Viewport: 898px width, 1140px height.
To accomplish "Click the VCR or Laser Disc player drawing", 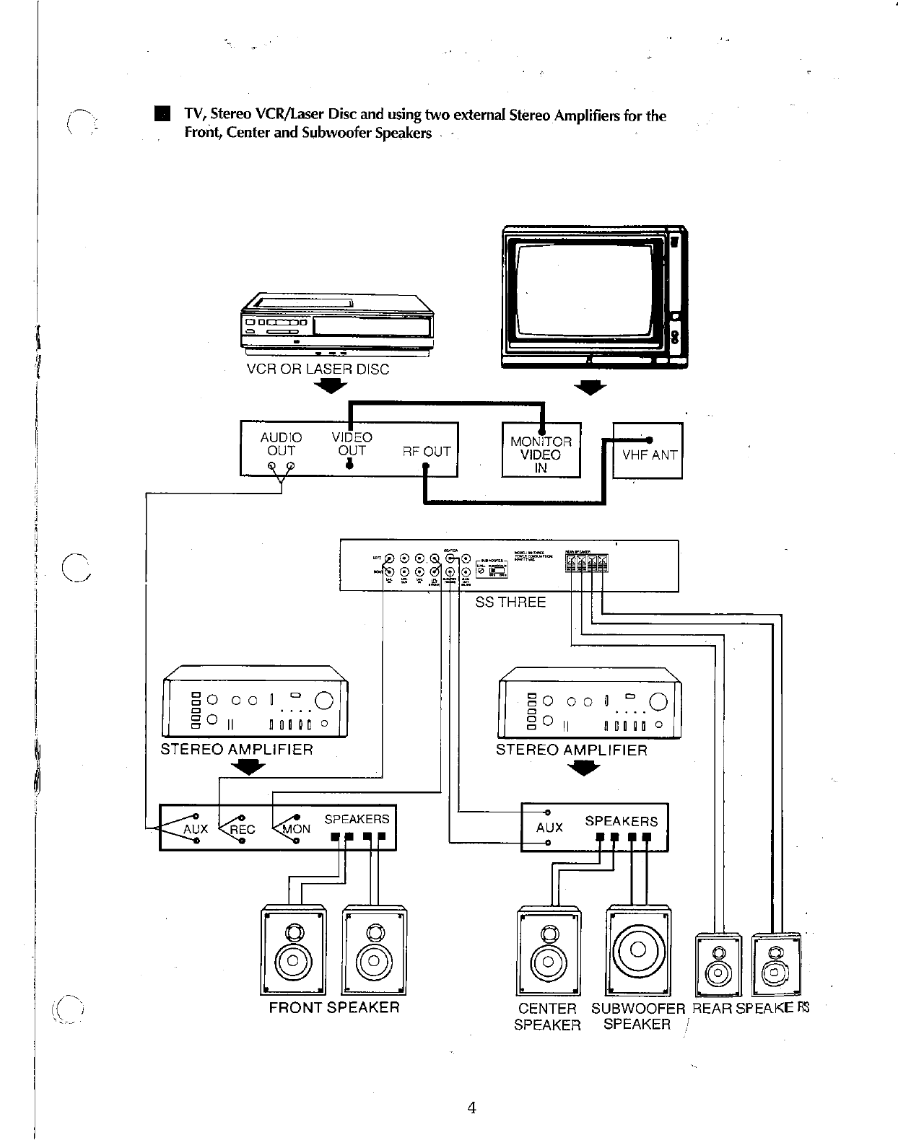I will pyautogui.click(x=336, y=324).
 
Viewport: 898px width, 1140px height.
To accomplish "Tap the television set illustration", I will pyautogui.click(x=593, y=297).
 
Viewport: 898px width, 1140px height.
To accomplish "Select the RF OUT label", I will pyautogui.click(x=426, y=452).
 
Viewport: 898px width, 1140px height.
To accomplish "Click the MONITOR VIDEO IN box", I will pyautogui.click(x=541, y=454).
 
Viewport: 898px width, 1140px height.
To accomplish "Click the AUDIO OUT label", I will pyautogui.click(x=281, y=444).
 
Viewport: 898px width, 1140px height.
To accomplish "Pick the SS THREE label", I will pyautogui.click(x=510, y=602).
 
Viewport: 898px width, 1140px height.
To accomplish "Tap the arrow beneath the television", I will pyautogui.click(x=590, y=388).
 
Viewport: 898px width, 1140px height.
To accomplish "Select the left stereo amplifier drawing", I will pyautogui.click(x=256, y=702).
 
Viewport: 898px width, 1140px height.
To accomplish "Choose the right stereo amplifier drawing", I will pyautogui.click(x=590, y=703).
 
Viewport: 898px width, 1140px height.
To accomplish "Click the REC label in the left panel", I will pyautogui.click(x=242, y=830).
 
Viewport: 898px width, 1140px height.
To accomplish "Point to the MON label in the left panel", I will pyautogui.click(x=296, y=829).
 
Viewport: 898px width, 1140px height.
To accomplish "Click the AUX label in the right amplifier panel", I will pyautogui.click(x=549, y=828).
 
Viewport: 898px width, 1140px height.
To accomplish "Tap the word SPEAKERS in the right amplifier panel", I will pyautogui.click(x=621, y=821).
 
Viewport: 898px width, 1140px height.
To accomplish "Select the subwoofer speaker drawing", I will pyautogui.click(x=638, y=950).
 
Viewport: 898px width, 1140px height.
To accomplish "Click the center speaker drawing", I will pyautogui.click(x=549, y=951).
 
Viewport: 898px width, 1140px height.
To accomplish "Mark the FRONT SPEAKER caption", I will pyautogui.click(x=334, y=1007).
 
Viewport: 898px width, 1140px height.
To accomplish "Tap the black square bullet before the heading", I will pyautogui.click(x=162, y=115).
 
